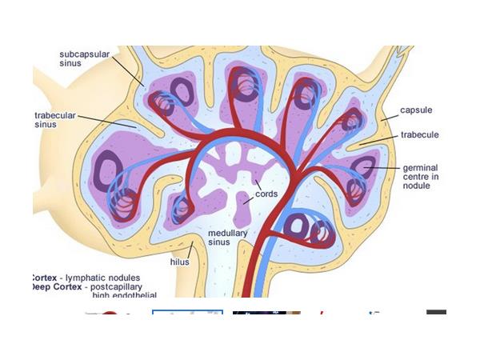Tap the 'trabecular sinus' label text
(55, 119)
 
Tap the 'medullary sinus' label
(228, 238)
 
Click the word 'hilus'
(179, 262)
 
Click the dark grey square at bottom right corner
(436, 316)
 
